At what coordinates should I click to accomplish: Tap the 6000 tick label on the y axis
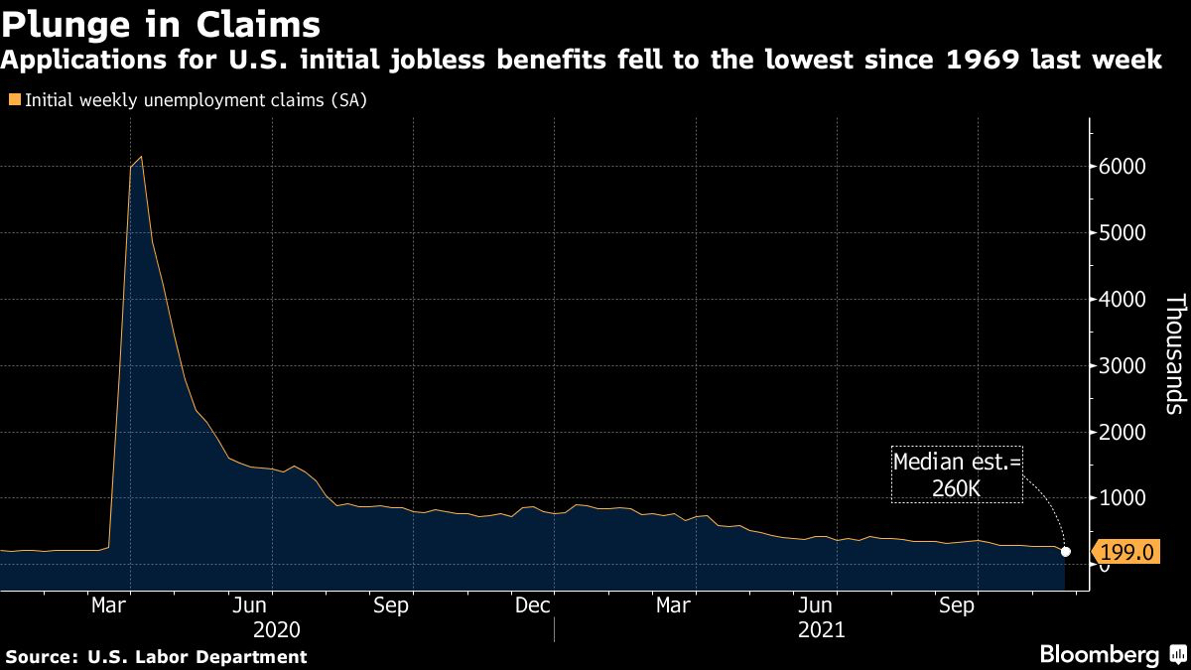[x=1124, y=167]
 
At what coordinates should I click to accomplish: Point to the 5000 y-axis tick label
[x=1124, y=233]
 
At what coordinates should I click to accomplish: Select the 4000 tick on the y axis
[x=1124, y=300]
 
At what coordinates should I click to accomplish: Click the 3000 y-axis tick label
[x=1124, y=366]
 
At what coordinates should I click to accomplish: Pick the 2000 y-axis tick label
[x=1124, y=433]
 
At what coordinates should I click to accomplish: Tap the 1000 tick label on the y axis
[x=1124, y=499]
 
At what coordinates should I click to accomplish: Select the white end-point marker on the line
[x=1066, y=552]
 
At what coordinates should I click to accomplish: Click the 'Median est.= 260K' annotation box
[x=957, y=474]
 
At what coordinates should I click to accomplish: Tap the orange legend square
[x=13, y=99]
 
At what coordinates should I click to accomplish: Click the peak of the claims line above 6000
[x=142, y=157]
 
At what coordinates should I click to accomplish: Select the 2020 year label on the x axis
[x=276, y=630]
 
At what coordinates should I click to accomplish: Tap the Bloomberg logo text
[x=1099, y=655]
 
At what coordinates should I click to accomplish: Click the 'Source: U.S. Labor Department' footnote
[x=157, y=656]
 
